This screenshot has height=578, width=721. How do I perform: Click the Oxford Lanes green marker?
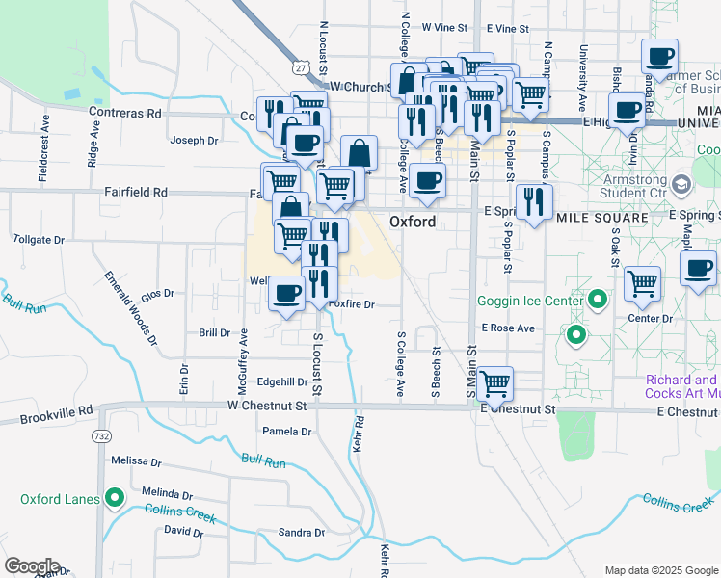click(x=115, y=498)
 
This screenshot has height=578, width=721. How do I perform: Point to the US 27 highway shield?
click(x=302, y=67)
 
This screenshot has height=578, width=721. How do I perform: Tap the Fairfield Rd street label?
click(x=136, y=193)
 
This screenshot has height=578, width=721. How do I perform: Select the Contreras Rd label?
click(x=127, y=114)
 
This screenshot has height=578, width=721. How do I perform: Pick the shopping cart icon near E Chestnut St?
click(x=495, y=383)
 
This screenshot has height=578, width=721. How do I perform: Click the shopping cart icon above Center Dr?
click(x=643, y=283)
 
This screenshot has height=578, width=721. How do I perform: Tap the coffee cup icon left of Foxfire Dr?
click(x=285, y=292)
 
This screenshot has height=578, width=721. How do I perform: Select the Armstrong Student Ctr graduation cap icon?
click(x=681, y=183)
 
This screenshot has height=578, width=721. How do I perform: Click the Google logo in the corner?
click(x=32, y=566)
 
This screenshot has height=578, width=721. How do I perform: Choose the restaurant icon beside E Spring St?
click(x=533, y=201)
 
